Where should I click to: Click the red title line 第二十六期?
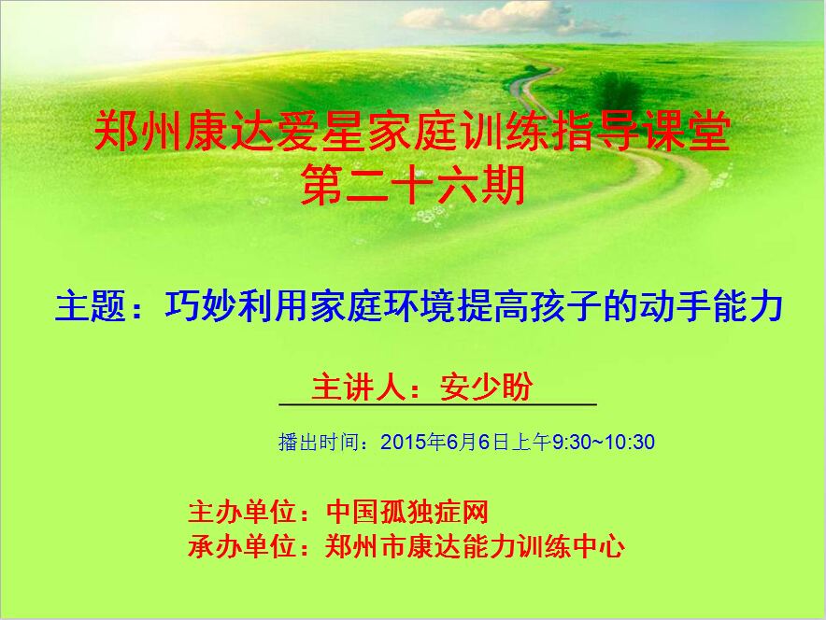(412, 184)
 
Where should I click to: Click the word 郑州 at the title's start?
(138, 131)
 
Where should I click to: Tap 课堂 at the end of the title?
(688, 131)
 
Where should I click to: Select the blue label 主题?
(90, 305)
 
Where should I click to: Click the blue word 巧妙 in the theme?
(201, 305)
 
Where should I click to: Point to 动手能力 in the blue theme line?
(712, 305)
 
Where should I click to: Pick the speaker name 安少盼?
(486, 387)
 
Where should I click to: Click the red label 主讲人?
(358, 387)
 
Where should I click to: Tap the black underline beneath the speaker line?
(437, 404)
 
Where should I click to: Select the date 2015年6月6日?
(445, 442)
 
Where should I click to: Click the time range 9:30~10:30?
(604, 442)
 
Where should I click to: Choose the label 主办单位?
(241, 512)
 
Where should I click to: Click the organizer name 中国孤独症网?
(407, 512)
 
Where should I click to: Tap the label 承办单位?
(241, 546)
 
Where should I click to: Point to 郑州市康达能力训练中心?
(476, 546)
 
